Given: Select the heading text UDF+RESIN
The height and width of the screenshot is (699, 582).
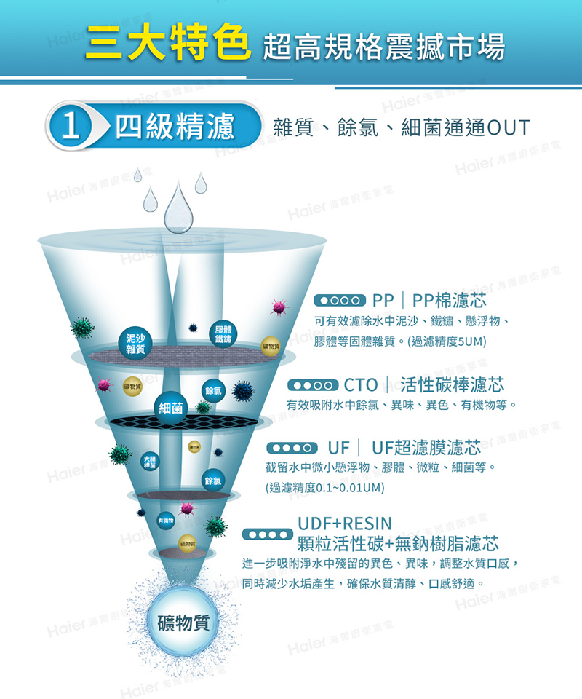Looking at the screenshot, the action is click(x=345, y=524).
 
